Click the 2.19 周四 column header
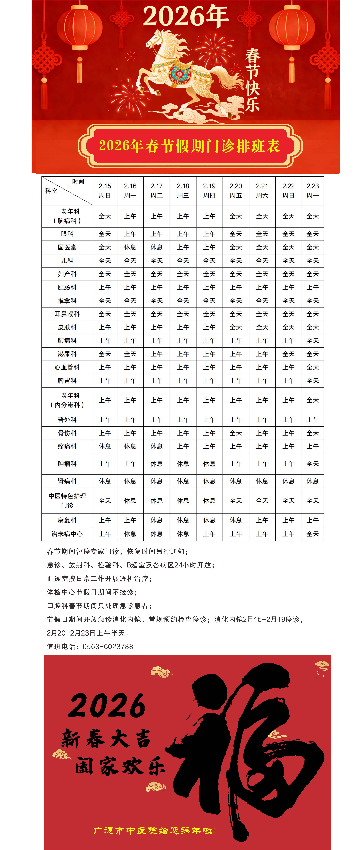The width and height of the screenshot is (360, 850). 209,191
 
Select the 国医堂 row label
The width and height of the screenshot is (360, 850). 67,247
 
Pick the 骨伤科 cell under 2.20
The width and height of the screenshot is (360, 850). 236,433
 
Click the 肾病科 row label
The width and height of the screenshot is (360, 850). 67,481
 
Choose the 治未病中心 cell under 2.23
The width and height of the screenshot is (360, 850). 312,534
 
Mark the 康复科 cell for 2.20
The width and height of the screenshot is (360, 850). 236,520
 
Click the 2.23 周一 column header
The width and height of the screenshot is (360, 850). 312,191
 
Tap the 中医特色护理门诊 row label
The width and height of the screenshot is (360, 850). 67,501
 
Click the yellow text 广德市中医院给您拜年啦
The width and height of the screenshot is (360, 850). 154,831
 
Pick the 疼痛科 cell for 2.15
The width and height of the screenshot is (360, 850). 105,446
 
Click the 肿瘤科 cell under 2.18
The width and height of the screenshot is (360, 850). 183,464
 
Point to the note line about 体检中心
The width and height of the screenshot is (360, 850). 92,592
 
